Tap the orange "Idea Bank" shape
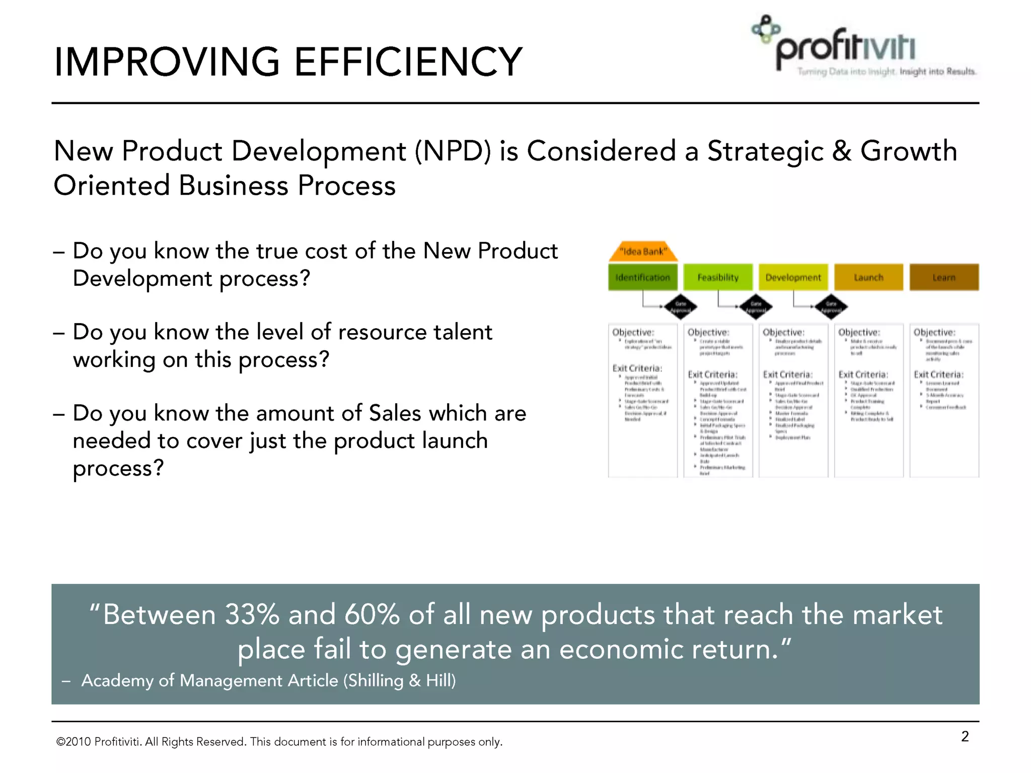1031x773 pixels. [x=643, y=251]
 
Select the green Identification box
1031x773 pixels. [x=642, y=277]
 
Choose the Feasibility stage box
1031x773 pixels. [x=718, y=277]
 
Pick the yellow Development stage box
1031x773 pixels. [x=793, y=277]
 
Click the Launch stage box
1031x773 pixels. [x=868, y=277]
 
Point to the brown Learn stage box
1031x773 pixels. [x=944, y=277]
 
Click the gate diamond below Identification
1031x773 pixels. [x=681, y=306]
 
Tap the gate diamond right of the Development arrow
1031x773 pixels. [x=831, y=306]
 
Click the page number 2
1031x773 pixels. [x=965, y=736]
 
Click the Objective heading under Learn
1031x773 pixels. [x=934, y=332]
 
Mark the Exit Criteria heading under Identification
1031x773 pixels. [x=637, y=368]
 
